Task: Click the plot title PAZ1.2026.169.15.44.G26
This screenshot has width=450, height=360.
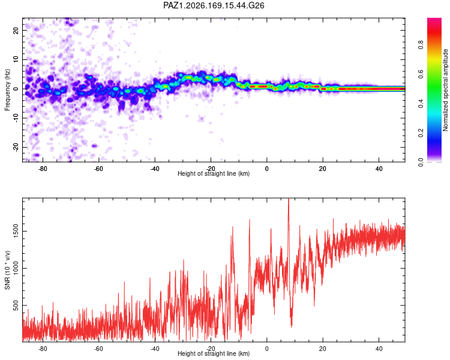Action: pyautogui.click(x=214, y=5)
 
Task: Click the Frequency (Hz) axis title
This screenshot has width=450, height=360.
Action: pyautogui.click(x=7, y=90)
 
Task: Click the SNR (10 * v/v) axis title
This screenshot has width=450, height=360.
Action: pyautogui.click(x=7, y=270)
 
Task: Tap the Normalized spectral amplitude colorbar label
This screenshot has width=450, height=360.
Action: pyautogui.click(x=445, y=90)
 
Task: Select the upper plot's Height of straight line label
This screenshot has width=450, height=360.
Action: pyautogui.click(x=214, y=173)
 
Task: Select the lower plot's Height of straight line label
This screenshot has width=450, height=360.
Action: pyautogui.click(x=214, y=353)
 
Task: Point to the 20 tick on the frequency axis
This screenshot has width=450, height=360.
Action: pyautogui.click(x=16, y=30)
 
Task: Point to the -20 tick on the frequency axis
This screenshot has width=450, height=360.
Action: pyautogui.click(x=16, y=147)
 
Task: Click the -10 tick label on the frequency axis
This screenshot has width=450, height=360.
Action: pyautogui.click(x=16, y=118)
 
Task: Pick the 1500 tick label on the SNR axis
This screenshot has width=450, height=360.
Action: pyautogui.click(x=16, y=231)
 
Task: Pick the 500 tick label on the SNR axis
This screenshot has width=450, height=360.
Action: pyautogui.click(x=16, y=305)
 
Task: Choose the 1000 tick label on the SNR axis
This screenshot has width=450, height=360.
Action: pyautogui.click(x=16, y=268)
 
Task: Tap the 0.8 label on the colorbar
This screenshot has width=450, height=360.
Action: pyautogui.click(x=421, y=45)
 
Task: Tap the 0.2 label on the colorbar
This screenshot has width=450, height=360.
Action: pyautogui.click(x=421, y=133)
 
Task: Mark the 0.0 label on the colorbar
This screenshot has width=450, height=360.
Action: pyautogui.click(x=421, y=162)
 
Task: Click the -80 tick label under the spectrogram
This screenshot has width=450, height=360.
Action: pyautogui.click(x=43, y=169)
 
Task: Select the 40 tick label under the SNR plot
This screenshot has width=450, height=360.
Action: pyautogui.click(x=379, y=349)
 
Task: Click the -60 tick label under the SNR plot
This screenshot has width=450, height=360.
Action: pyautogui.click(x=98, y=349)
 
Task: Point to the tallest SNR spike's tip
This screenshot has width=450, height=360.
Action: pyautogui.click(x=289, y=199)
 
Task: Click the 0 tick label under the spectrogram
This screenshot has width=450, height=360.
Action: pyautogui.click(x=266, y=169)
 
